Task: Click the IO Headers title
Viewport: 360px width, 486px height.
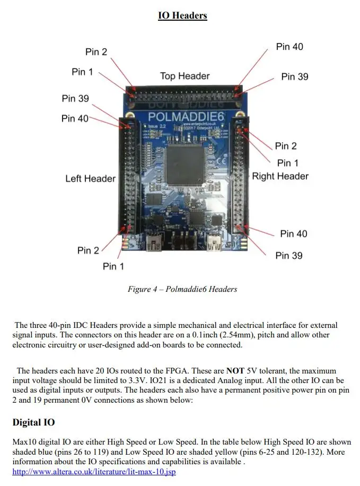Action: tap(182, 15)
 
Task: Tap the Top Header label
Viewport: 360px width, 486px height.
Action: tap(185, 76)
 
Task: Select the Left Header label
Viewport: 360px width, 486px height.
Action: tap(91, 178)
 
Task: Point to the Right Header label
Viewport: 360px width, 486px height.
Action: tap(280, 176)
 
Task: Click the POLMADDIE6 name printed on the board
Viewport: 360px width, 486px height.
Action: tap(186, 117)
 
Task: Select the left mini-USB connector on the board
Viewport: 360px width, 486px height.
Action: tap(154, 242)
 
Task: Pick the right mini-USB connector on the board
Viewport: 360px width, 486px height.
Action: tap(214, 242)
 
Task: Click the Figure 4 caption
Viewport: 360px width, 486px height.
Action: tap(182, 289)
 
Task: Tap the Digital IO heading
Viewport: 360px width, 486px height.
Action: tap(33, 422)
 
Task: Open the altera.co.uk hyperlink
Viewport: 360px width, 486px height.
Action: tap(94, 472)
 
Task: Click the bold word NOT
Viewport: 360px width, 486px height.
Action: tap(235, 371)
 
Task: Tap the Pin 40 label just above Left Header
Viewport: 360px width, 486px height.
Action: tap(75, 118)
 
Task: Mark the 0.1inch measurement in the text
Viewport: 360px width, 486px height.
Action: tap(205, 335)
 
